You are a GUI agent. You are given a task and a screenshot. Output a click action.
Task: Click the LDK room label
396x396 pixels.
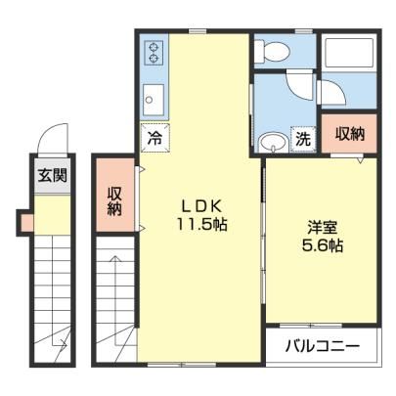(x=201, y=206)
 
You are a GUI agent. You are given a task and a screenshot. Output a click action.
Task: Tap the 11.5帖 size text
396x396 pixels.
(x=201, y=224)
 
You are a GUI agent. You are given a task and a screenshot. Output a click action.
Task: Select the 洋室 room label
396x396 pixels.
(x=322, y=228)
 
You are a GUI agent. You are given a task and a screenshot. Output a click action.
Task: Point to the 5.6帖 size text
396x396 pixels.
(x=322, y=245)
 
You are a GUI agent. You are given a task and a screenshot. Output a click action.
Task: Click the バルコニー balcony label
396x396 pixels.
(x=323, y=346)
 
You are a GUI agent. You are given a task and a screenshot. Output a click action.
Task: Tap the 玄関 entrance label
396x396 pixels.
(x=53, y=175)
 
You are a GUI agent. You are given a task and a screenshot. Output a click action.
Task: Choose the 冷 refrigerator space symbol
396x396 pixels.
(x=154, y=138)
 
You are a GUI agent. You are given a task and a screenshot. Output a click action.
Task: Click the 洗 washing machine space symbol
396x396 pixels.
(x=303, y=139)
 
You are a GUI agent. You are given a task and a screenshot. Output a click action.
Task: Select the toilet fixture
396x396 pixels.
(x=272, y=51)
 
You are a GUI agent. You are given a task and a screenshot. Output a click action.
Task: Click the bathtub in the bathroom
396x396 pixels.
(x=349, y=53)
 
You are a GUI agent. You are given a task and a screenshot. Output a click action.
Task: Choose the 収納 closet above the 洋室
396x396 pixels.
(x=349, y=133)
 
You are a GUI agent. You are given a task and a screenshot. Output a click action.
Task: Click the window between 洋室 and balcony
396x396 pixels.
(x=311, y=325)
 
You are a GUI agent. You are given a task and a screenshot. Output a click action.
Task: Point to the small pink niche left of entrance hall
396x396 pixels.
(x=27, y=223)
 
